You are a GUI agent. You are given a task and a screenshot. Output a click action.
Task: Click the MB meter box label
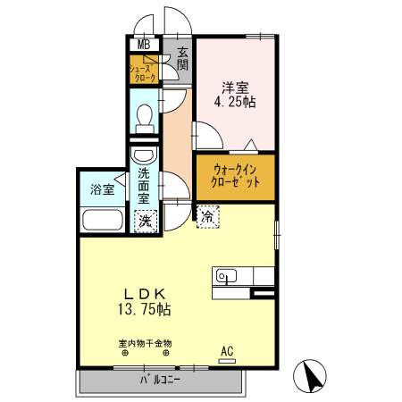click(144, 45)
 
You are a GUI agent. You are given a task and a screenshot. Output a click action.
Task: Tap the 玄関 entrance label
click(182, 59)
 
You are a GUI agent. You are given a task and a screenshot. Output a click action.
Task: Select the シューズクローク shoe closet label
click(142, 73)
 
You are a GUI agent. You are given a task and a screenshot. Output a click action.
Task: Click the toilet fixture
click(145, 119)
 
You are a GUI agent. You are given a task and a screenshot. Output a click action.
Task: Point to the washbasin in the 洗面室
click(145, 155)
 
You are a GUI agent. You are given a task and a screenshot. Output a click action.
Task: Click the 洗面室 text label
click(144, 186)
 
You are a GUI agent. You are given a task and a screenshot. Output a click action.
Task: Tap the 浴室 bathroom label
click(103, 189)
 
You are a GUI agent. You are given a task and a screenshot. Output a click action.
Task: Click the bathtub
click(103, 220)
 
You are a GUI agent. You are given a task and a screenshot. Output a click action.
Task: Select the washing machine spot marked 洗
click(146, 222)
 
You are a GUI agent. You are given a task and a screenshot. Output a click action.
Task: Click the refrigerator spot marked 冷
click(208, 217)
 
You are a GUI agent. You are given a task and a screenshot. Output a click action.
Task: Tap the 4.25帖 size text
click(235, 102)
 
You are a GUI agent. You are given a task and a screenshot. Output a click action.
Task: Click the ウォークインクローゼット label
click(235, 176)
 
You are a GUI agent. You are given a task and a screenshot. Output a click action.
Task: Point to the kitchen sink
click(227, 276)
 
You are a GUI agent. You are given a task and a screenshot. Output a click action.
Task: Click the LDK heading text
click(145, 295)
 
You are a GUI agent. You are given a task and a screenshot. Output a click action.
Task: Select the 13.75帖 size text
click(145, 309)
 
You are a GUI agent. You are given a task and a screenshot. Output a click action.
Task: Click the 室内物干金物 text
click(145, 344)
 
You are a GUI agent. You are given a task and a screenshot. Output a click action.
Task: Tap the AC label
click(227, 351)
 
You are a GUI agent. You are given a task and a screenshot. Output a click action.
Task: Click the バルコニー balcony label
click(160, 380)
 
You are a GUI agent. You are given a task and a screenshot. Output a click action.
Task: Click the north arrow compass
click(310, 375)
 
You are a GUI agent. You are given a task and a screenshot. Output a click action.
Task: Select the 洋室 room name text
click(235, 88)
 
